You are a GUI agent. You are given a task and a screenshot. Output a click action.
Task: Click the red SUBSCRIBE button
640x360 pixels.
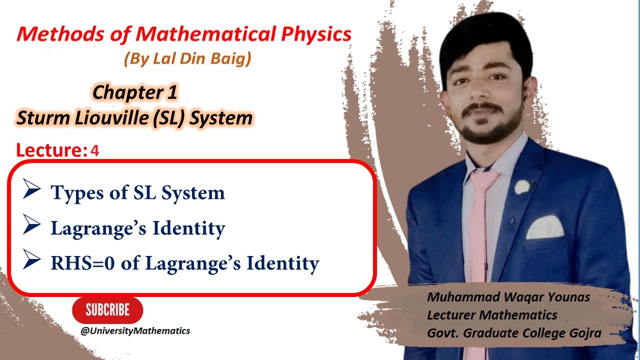(107, 310)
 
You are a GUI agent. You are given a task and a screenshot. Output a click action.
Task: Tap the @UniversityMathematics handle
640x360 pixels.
(138, 331)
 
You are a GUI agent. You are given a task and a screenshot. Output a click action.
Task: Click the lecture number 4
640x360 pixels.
(95, 151)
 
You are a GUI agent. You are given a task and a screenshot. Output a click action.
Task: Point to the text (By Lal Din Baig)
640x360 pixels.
(187, 59)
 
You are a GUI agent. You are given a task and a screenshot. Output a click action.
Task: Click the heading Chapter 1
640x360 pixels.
(135, 92)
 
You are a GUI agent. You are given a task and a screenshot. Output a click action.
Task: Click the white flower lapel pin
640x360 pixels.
(522, 187)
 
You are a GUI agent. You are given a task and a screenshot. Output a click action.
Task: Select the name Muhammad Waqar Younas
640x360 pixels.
(508, 297)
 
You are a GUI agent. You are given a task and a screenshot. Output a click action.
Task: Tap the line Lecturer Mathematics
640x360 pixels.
(492, 315)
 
